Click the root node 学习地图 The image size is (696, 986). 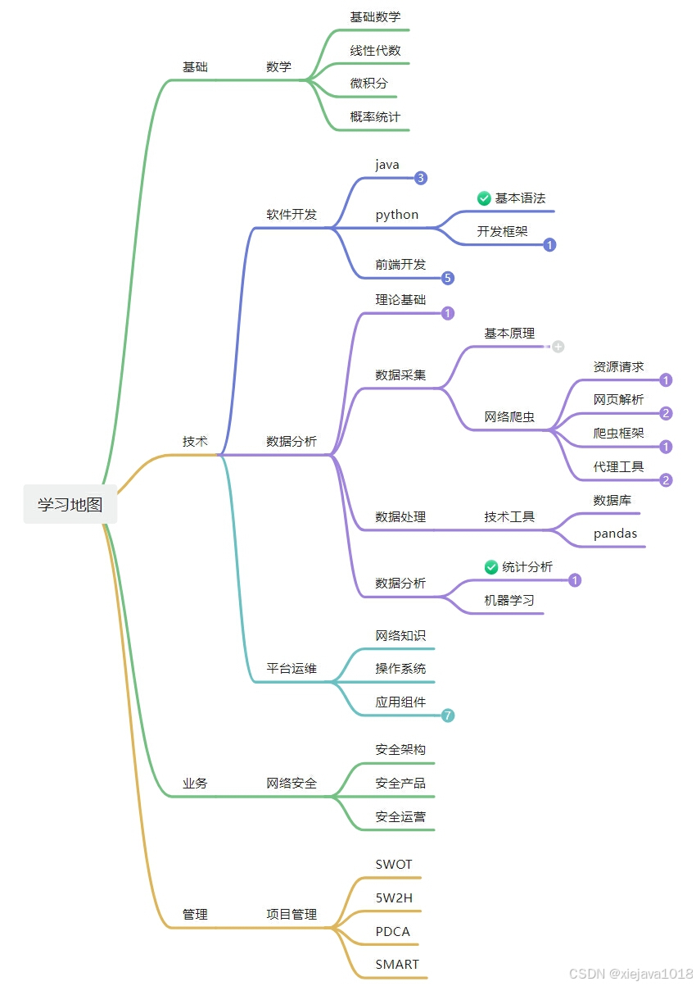click(70, 504)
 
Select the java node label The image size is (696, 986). click(387, 165)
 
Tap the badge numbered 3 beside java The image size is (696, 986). click(421, 178)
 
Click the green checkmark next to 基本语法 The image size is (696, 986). click(484, 198)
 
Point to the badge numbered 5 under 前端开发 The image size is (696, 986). click(447, 278)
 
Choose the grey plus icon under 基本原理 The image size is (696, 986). click(558, 347)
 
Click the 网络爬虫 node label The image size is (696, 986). click(509, 417)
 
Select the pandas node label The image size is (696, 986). click(615, 534)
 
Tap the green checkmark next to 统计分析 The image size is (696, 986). click(491, 567)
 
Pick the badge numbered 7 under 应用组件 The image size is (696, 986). click(448, 716)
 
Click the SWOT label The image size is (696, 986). click(394, 864)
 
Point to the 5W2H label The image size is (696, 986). click(394, 897)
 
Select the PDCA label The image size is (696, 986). click(392, 931)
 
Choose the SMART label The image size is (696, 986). click(397, 965)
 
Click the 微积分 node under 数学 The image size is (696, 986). click(368, 84)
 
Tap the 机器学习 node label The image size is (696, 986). click(509, 600)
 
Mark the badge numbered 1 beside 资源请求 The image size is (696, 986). click(666, 380)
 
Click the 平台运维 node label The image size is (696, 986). click(292, 668)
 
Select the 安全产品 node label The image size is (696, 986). click(400, 784)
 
